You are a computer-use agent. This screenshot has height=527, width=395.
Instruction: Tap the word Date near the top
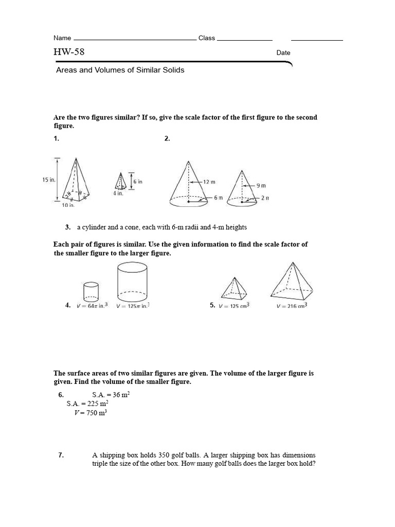[x=283, y=52]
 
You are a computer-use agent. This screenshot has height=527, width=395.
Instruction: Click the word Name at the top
[x=62, y=38]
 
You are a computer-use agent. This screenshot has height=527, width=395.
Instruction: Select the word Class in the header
[x=206, y=38]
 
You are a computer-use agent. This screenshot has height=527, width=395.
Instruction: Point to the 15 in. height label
[x=49, y=180]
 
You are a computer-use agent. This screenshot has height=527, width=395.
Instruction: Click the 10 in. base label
[x=68, y=205]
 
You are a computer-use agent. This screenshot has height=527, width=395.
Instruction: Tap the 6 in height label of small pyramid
[x=138, y=182]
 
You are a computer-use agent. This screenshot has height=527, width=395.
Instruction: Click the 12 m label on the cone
[x=208, y=182]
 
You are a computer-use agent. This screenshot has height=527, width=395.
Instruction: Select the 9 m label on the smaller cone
[x=261, y=185]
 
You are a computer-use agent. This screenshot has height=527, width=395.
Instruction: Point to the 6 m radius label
[x=218, y=198]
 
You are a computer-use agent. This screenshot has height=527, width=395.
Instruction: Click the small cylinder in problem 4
[x=91, y=291]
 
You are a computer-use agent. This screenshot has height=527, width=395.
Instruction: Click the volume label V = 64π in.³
[x=92, y=306]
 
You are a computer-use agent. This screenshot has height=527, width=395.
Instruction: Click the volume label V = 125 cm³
[x=234, y=306]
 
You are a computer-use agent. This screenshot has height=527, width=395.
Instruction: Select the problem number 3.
[x=67, y=227]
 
